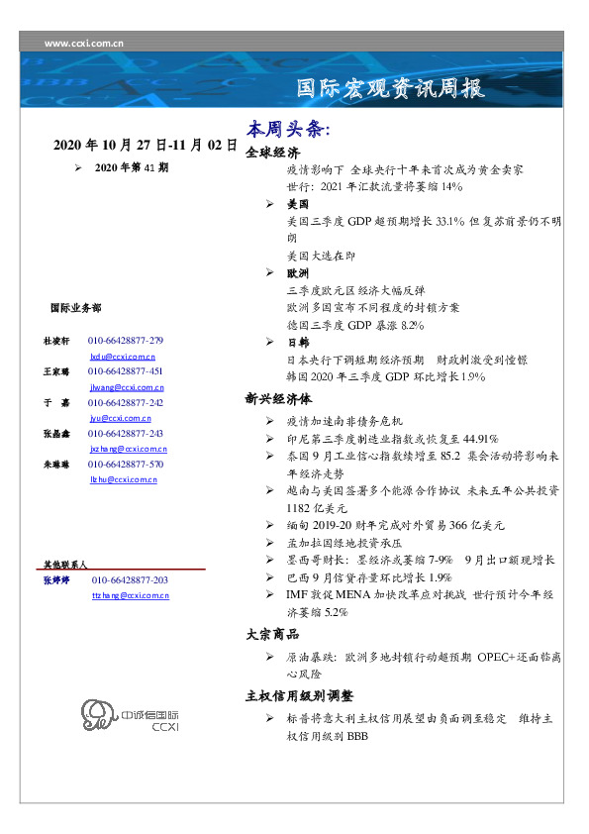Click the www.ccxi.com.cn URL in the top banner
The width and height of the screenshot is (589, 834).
tap(84, 44)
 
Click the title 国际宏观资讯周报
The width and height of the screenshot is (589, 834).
tap(391, 89)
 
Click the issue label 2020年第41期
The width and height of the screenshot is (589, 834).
tap(133, 167)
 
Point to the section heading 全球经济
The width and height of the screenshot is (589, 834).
tap(272, 154)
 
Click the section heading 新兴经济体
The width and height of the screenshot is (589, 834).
tap(278, 399)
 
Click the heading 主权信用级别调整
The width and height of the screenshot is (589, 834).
tap(298, 695)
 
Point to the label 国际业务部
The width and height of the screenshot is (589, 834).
tap(74, 308)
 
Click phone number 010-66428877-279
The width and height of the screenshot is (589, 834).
tap(127, 340)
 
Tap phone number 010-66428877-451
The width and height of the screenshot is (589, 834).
tap(127, 371)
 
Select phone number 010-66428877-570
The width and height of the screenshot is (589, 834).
tap(127, 464)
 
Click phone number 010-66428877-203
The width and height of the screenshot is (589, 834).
tap(130, 580)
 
